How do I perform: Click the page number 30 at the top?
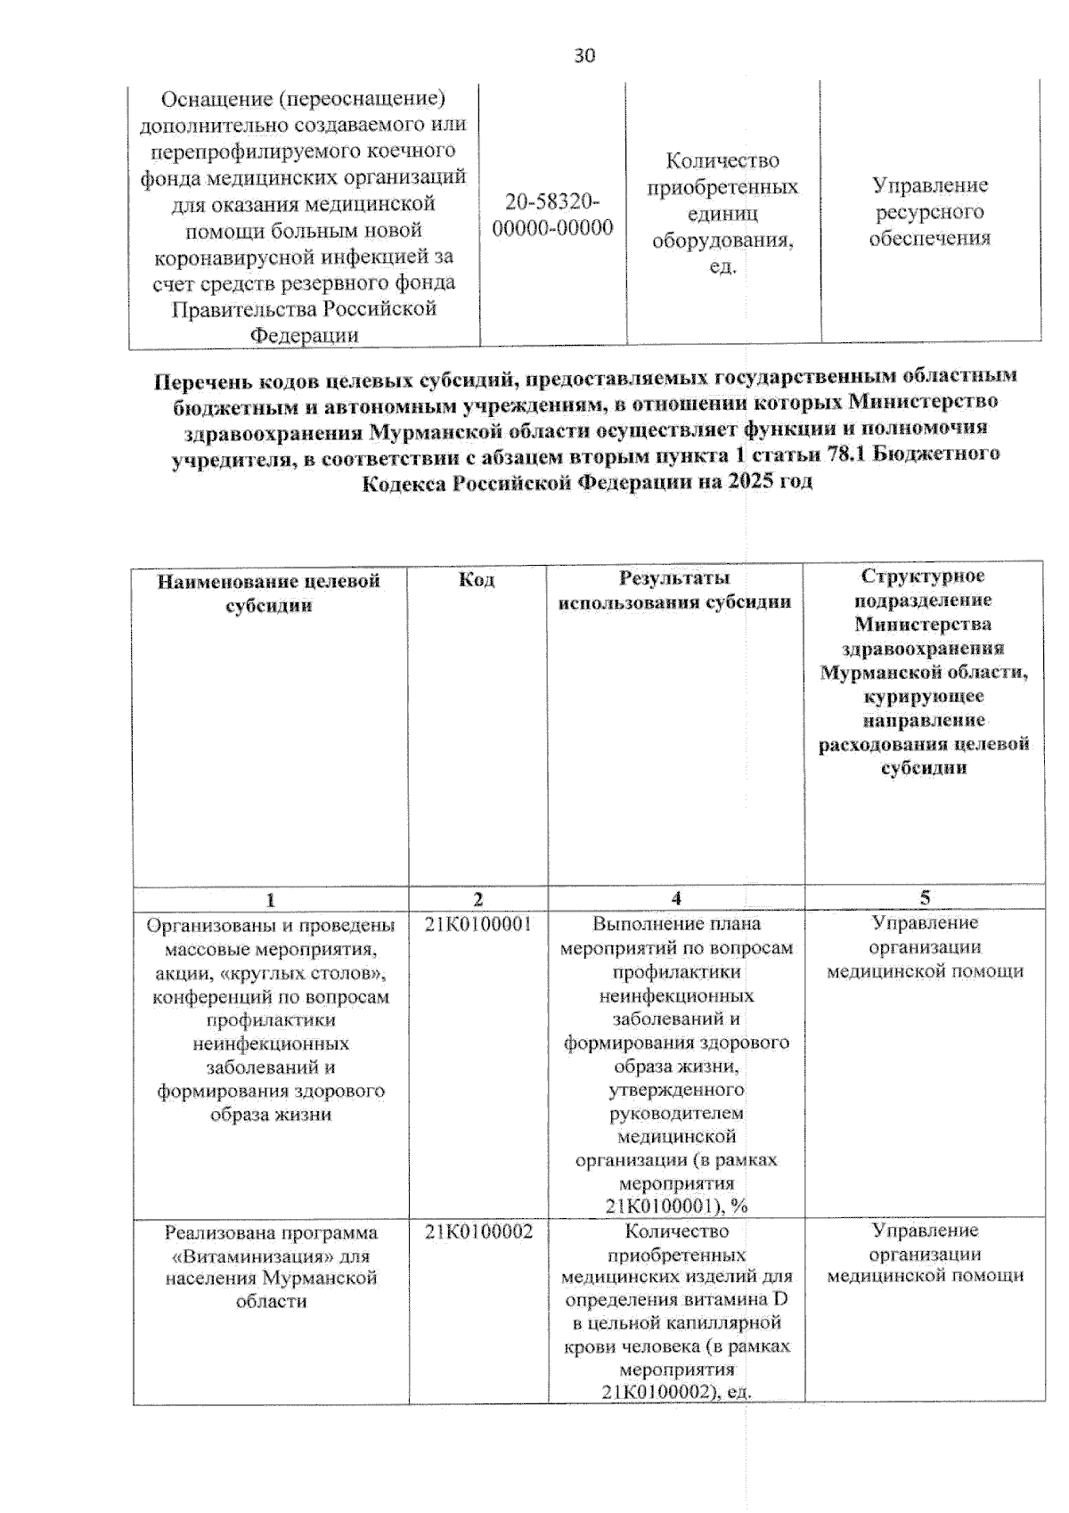[x=584, y=56]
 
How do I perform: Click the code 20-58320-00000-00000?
[x=552, y=215]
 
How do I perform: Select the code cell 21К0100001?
[x=478, y=924]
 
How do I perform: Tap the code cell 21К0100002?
[x=478, y=1231]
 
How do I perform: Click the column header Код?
[x=477, y=580]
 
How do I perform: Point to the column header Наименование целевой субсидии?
[x=269, y=593]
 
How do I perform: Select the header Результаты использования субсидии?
[x=674, y=591]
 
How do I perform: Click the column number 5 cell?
[x=925, y=898]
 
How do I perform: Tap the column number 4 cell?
[x=676, y=898]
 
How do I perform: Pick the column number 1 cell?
[x=271, y=899]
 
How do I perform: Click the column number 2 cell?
[x=478, y=899]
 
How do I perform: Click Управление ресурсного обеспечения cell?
[x=929, y=212]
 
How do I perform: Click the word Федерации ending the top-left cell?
[x=304, y=336]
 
